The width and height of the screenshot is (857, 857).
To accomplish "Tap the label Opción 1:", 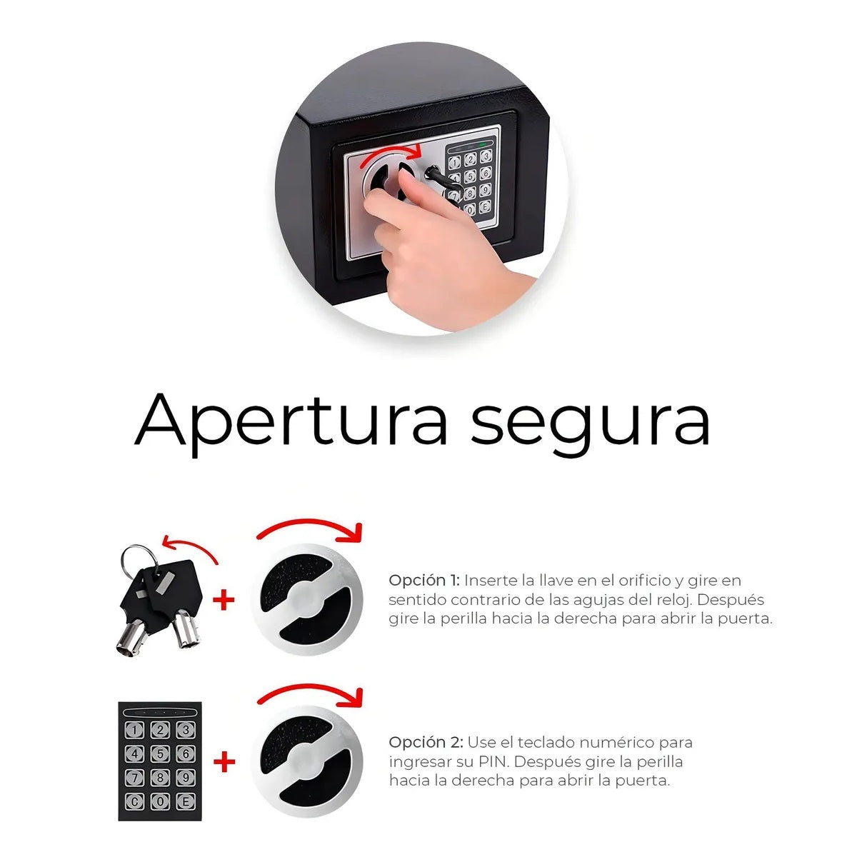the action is click(x=424, y=580).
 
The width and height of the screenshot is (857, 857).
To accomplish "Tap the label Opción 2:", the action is click(x=426, y=742).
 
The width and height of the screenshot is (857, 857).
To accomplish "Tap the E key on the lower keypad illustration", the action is click(x=186, y=801).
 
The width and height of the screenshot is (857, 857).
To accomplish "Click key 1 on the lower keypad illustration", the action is click(x=135, y=730).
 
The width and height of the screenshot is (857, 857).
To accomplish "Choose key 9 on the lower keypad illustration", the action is click(x=186, y=778).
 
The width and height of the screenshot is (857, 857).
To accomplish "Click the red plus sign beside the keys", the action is click(x=224, y=601).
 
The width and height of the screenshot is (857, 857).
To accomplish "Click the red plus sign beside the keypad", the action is click(x=224, y=762).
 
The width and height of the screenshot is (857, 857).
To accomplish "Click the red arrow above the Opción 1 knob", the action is click(x=311, y=522).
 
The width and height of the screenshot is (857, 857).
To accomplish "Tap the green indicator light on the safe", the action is click(x=483, y=144).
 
